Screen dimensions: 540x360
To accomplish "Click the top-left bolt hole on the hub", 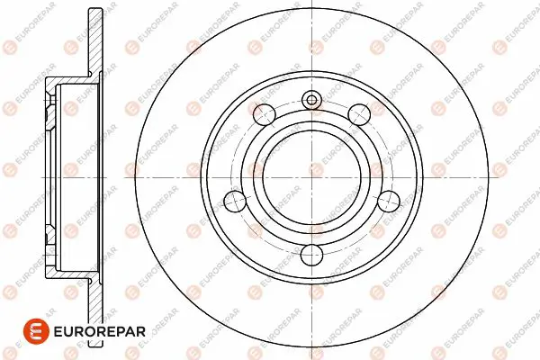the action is coord(264,113).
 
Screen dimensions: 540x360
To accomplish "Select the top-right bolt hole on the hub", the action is coord(359,113).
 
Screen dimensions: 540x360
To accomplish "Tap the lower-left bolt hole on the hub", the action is coord(235,201).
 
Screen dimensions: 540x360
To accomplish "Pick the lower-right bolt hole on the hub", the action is coord(389,201).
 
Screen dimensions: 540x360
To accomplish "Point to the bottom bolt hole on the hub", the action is coord(311,256).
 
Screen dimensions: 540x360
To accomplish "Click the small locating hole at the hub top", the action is coord(311,100).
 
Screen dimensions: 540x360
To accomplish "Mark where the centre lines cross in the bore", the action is coord(311,178).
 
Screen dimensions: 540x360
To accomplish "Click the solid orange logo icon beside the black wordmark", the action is coord(36,331).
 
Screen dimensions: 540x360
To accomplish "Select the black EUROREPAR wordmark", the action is coord(99,332).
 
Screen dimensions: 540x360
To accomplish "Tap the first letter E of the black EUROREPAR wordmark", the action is coord(58,332).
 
